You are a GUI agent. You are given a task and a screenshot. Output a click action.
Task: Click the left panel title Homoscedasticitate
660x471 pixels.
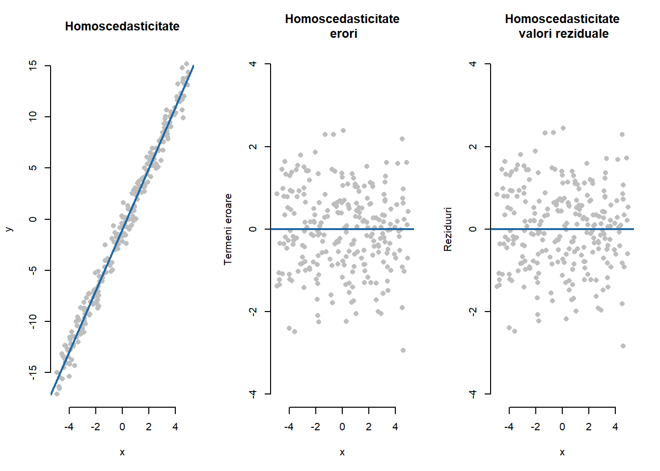point(122,26)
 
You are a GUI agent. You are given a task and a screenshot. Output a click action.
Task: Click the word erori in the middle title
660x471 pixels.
point(343,34)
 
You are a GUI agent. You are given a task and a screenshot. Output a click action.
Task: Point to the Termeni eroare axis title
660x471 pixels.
point(228,229)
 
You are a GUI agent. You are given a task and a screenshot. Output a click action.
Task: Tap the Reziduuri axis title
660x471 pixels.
point(447,229)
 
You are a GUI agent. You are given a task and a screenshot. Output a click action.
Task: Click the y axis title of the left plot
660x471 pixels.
point(9,229)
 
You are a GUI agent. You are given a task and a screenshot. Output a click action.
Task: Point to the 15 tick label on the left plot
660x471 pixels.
point(33,65)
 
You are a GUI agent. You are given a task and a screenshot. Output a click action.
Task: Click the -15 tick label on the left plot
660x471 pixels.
point(33,372)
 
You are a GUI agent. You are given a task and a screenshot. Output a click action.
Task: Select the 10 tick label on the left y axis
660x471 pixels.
point(33,116)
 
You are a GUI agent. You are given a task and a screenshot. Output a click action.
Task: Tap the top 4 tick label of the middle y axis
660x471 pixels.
point(253,64)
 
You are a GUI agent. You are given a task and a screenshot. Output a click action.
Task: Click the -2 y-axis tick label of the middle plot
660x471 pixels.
point(253,312)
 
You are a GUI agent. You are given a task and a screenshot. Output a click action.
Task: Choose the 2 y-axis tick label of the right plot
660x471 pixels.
point(473,146)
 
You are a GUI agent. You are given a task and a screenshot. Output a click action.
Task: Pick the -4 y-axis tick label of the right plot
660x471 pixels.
point(473,394)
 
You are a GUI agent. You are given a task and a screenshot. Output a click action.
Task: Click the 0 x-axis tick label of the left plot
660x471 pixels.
point(122,427)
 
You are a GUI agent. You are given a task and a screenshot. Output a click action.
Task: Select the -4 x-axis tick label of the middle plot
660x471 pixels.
point(289,427)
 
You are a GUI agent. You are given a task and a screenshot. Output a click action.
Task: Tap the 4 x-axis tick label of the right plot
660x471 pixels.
point(615,427)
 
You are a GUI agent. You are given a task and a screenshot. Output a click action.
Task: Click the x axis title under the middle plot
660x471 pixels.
point(342,452)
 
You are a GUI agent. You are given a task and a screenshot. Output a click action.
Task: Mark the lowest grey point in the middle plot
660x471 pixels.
point(403,350)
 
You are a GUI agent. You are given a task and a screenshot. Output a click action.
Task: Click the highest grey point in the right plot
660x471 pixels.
point(563,128)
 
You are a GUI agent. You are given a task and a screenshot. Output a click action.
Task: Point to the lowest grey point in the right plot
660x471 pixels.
point(623,346)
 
